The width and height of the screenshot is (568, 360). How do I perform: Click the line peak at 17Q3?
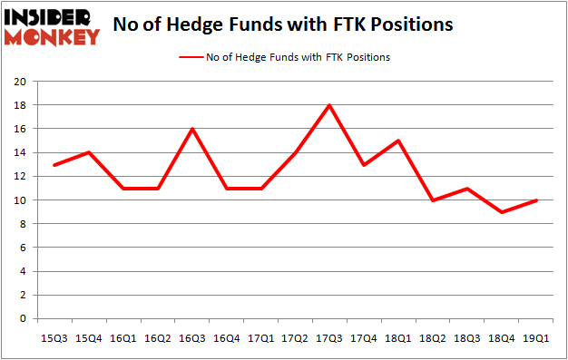click(329, 105)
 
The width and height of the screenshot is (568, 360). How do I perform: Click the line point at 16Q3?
click(192, 129)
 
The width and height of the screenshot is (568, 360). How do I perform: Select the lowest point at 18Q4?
click(501, 212)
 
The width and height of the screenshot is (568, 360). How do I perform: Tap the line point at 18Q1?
click(398, 141)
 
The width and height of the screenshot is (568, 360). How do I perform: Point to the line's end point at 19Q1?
click(535, 200)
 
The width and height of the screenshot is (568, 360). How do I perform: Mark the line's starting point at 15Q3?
click(54, 165)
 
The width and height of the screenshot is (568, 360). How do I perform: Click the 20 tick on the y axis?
click(19, 82)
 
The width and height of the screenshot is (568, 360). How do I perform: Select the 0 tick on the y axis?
click(22, 319)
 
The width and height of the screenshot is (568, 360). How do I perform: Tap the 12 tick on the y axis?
click(19, 177)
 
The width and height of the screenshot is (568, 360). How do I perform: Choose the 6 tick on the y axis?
click(22, 248)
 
